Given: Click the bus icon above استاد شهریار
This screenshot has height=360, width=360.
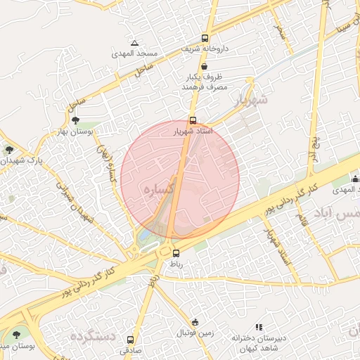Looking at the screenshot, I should (x=193, y=120).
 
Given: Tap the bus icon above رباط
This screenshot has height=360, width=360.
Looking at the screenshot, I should (x=176, y=253).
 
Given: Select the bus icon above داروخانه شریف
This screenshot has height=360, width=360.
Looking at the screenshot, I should (x=205, y=39).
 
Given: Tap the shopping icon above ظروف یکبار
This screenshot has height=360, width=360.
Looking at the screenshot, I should (x=204, y=65).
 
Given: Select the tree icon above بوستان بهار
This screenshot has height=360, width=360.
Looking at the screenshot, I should (x=75, y=120).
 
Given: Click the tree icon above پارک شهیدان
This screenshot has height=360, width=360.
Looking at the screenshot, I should (x=9, y=149).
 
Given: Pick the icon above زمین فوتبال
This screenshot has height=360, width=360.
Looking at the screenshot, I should (x=195, y=321).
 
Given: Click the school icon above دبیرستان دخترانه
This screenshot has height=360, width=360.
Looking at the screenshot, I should (x=259, y=327).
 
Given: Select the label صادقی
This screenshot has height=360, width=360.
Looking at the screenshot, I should (x=131, y=349).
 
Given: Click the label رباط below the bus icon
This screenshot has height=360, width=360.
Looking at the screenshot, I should (x=175, y=264).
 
